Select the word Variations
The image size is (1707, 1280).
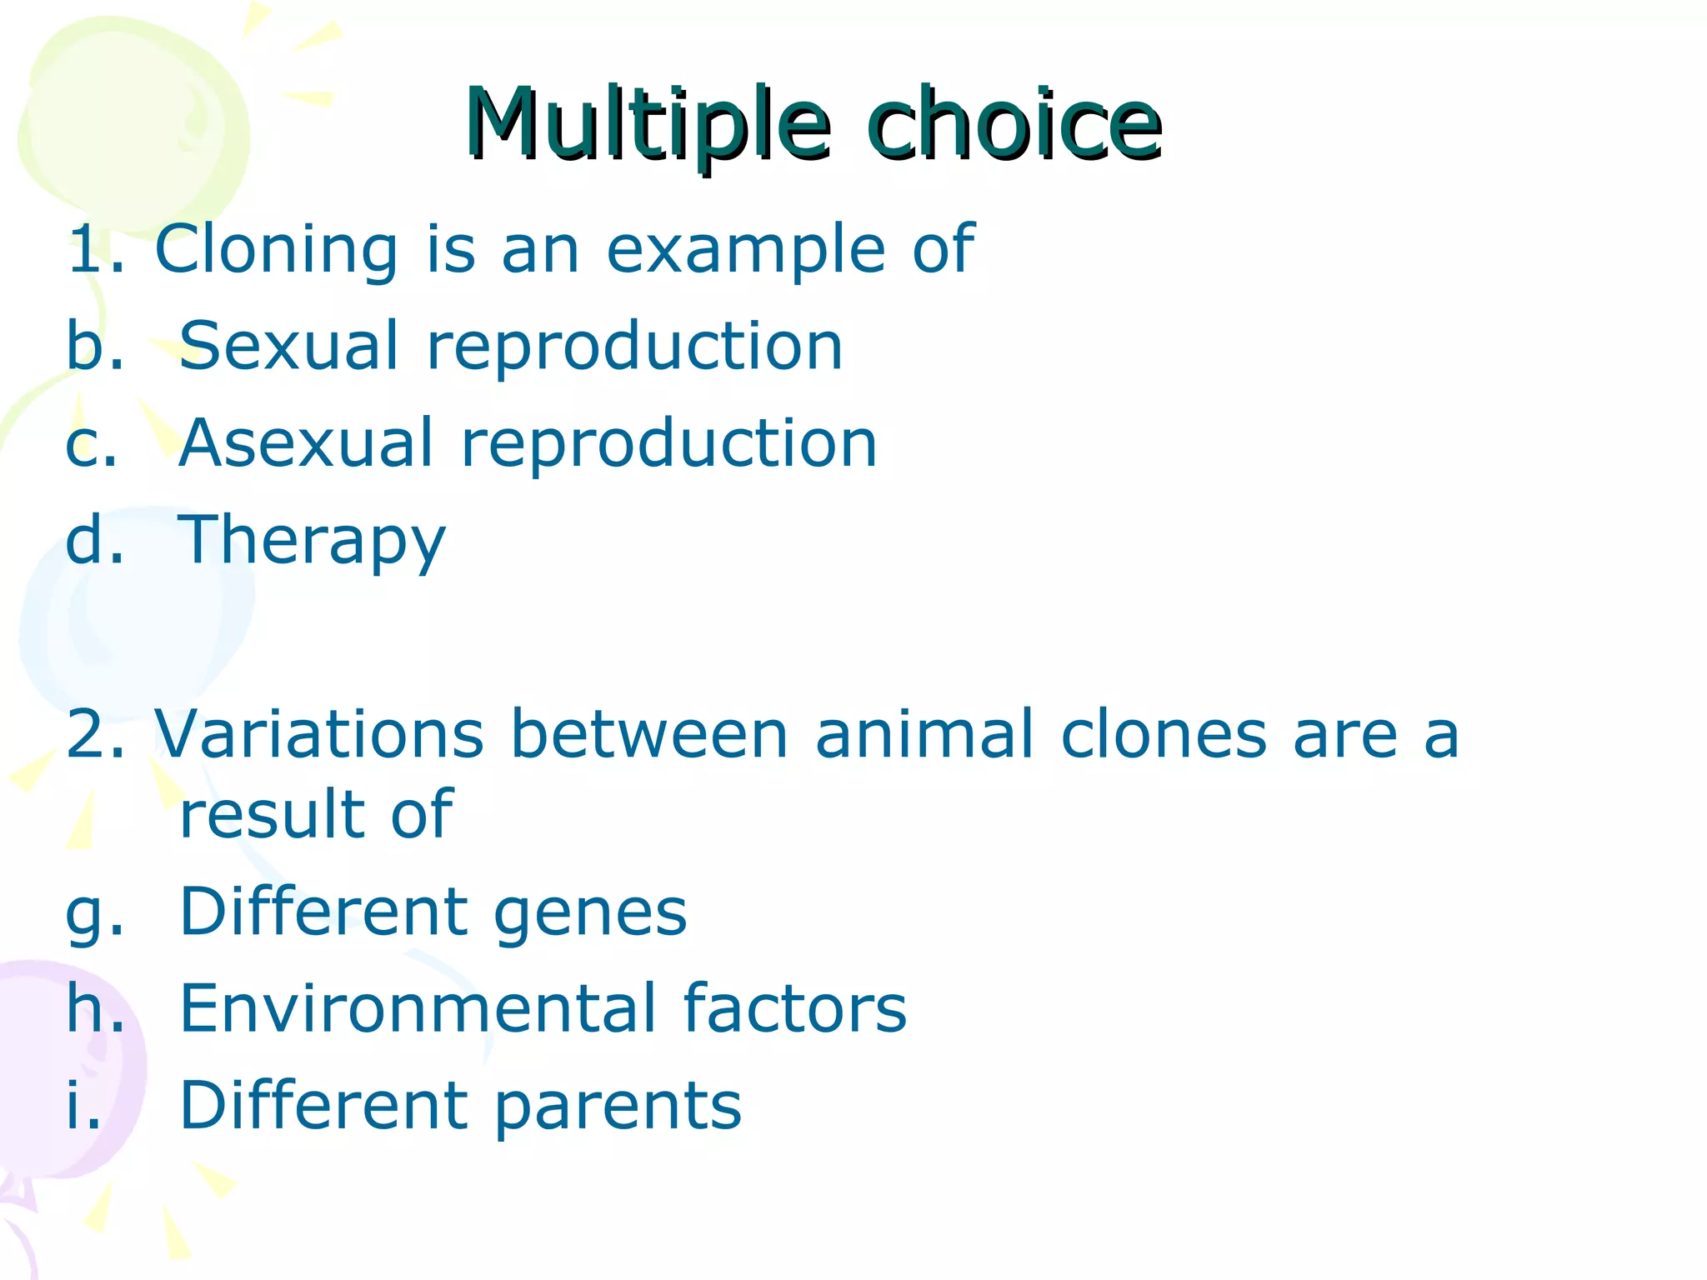click(x=319, y=734)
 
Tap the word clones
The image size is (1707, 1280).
click(x=1164, y=734)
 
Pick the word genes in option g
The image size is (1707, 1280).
click(x=590, y=913)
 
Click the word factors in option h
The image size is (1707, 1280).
click(x=794, y=1008)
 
